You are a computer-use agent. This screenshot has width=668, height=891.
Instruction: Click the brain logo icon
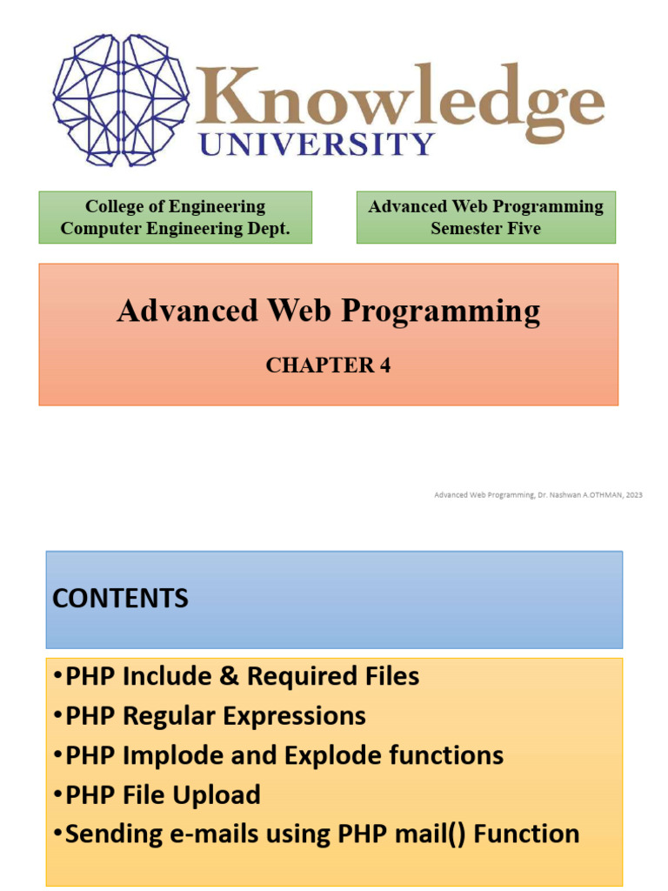(x=120, y=99)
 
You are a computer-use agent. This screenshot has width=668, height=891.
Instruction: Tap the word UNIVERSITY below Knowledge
(x=317, y=143)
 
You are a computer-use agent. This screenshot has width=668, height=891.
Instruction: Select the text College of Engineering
(x=175, y=207)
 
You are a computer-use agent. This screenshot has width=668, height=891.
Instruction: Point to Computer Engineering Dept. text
(x=175, y=229)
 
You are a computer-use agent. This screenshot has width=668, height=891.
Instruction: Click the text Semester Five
(x=485, y=229)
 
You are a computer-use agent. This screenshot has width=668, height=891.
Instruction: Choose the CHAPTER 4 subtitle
(x=328, y=365)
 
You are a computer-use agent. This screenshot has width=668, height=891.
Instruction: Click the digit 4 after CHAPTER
(x=384, y=365)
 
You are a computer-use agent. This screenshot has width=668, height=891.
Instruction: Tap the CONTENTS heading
(x=120, y=599)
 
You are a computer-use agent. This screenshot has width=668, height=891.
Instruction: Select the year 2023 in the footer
(x=633, y=494)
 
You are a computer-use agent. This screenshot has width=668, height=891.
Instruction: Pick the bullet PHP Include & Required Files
(x=242, y=676)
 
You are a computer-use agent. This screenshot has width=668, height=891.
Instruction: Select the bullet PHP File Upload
(x=163, y=794)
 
